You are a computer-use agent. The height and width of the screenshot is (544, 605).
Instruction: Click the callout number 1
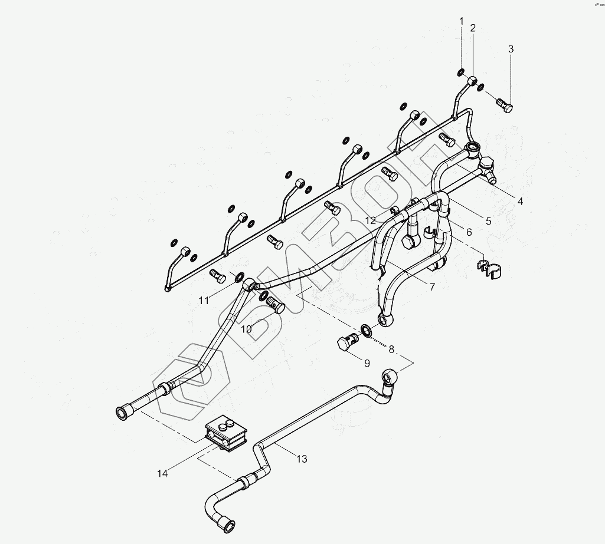462,22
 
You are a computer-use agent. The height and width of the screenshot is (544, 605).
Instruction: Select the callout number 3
511,49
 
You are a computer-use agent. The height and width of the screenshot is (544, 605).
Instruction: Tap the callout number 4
520,201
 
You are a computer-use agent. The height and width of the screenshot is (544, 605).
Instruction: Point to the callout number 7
433,287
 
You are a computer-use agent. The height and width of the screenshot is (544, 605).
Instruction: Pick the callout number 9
367,363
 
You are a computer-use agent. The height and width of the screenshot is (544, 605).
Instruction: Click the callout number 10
247,329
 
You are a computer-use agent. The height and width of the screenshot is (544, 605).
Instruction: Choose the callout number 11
204,301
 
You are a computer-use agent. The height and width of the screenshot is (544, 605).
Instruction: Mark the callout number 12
370,220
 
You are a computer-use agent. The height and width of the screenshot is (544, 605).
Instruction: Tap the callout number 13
302,459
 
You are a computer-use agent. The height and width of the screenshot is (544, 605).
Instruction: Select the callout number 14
163,473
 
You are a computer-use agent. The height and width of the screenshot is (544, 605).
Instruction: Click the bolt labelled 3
504,106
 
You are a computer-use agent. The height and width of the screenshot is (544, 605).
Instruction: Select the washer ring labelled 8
366,330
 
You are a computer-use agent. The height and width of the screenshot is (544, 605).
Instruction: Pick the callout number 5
489,221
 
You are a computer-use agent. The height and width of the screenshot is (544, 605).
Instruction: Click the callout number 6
469,232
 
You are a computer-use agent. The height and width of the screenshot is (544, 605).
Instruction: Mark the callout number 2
473,28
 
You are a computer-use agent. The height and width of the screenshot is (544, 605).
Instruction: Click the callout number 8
391,349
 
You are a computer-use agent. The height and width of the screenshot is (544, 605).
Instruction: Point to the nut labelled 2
472,81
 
